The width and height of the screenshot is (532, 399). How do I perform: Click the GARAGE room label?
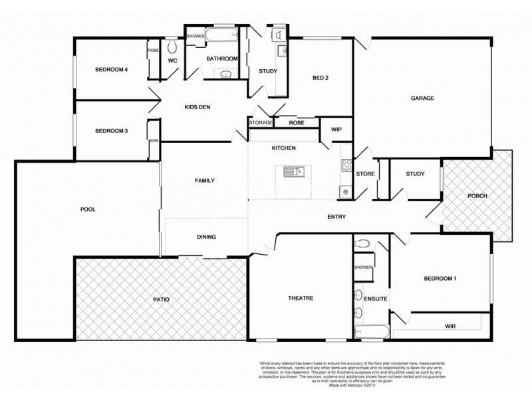(x=422, y=98)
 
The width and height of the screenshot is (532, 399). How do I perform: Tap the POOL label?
(x=88, y=209)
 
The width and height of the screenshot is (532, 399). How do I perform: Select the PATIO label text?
(x=160, y=300)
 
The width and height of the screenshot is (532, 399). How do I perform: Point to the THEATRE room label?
(x=301, y=298)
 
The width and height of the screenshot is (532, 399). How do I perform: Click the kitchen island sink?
(x=292, y=172)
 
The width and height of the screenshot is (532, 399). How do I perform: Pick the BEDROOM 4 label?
(x=111, y=70)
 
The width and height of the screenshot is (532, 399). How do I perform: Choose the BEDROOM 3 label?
(x=111, y=131)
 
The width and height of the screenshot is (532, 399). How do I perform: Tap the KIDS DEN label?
(x=198, y=108)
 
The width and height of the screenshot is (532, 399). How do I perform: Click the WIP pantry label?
(x=336, y=129)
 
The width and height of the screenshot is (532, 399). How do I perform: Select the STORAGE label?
(x=261, y=123)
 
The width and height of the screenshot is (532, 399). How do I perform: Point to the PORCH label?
(x=477, y=196)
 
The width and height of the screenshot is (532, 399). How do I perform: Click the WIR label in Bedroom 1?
(x=452, y=326)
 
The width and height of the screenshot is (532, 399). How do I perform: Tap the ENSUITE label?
(x=375, y=299)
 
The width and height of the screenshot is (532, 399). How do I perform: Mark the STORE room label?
(x=366, y=175)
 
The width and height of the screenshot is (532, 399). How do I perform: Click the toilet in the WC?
(x=172, y=47)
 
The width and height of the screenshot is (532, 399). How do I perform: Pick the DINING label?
(x=206, y=237)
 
